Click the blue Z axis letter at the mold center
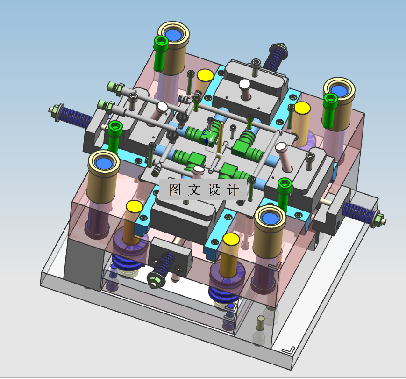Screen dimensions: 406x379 pyautogui.click(x=205, y=132)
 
